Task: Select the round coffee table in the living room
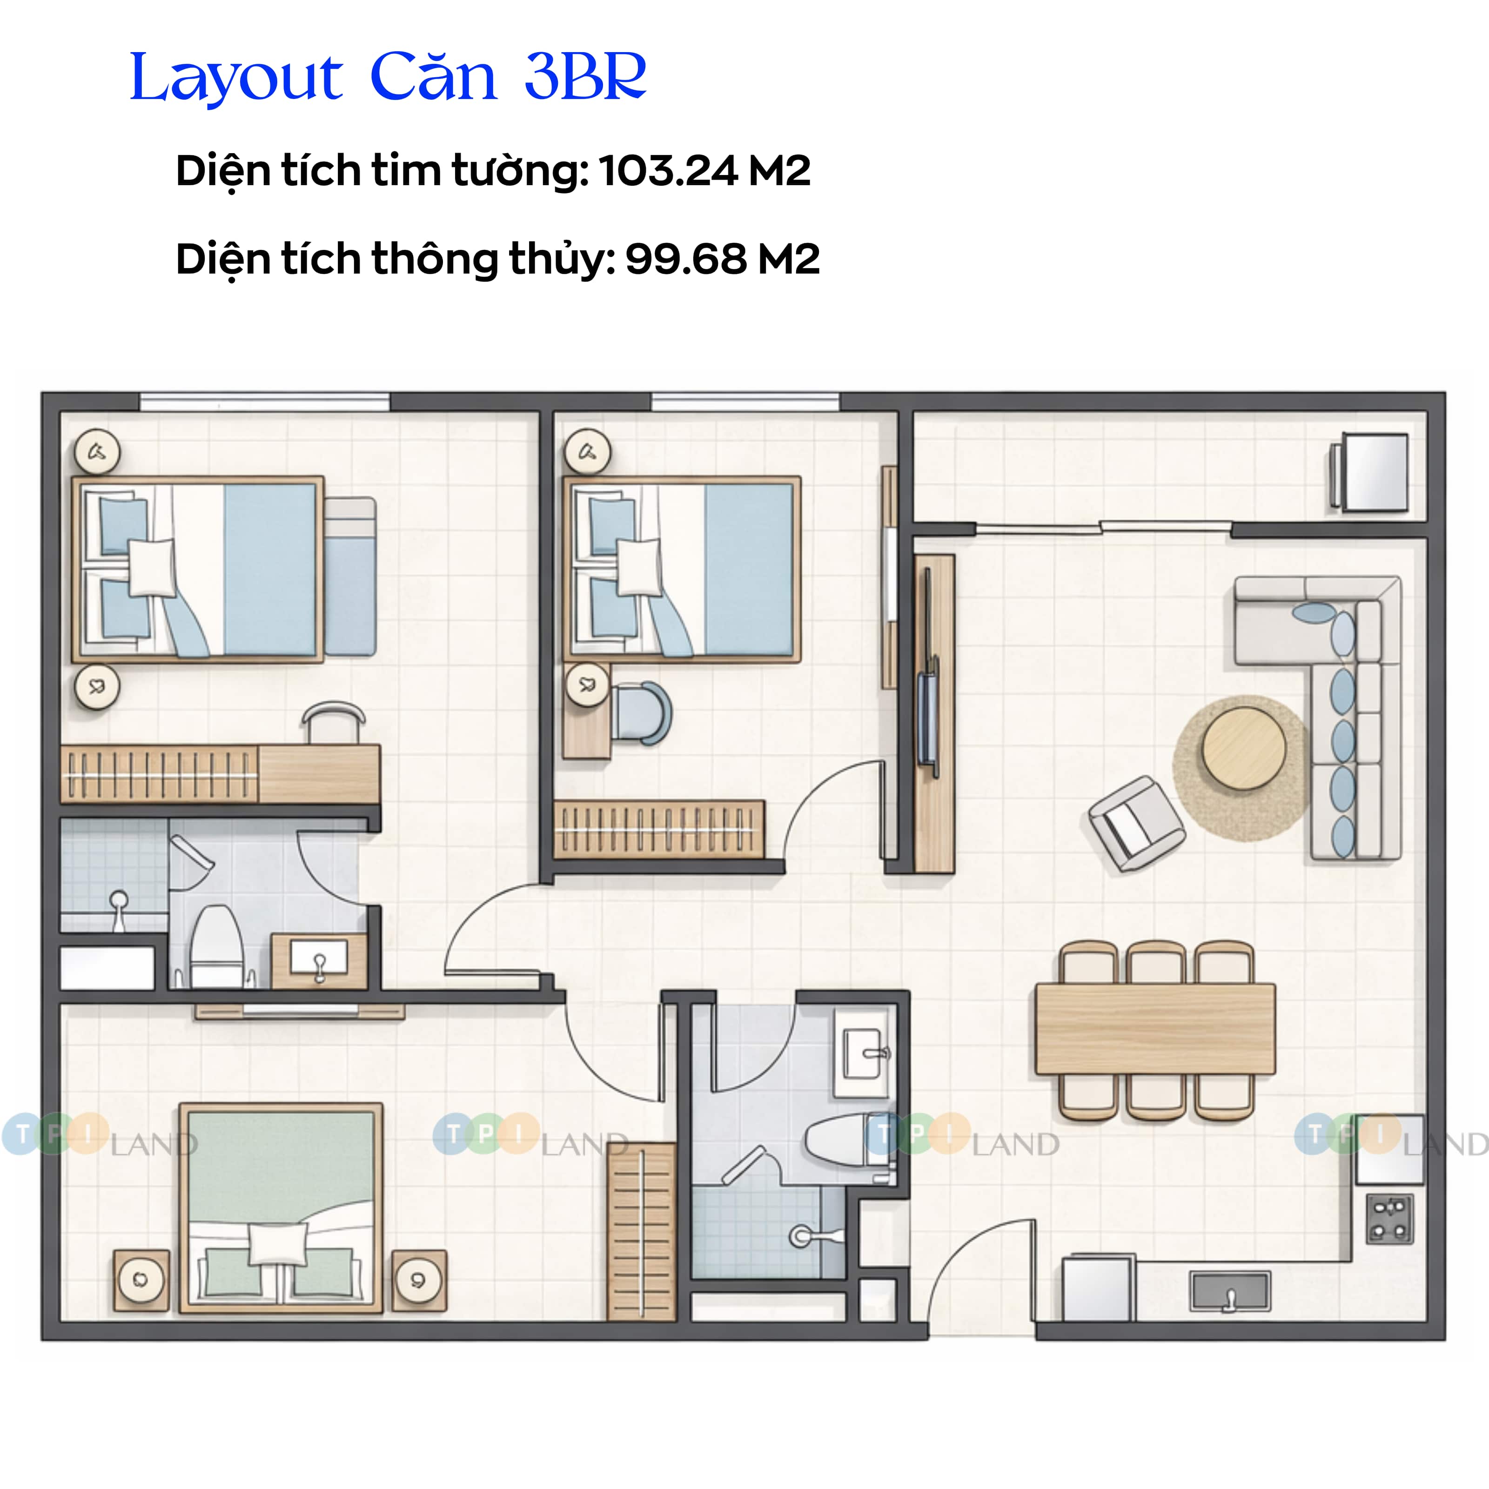[1244, 748]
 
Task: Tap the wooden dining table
[1154, 1028]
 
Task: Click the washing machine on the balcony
[1374, 472]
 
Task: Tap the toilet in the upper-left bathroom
[216, 948]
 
